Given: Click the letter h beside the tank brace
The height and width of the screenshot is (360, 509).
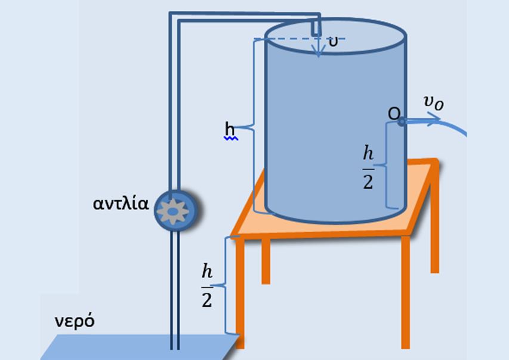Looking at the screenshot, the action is click(230, 128).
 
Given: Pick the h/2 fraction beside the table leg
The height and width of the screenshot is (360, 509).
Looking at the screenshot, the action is click(206, 286).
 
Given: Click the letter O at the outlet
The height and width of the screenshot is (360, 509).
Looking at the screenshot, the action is click(393, 113).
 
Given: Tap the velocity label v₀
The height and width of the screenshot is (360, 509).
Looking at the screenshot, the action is click(433, 103).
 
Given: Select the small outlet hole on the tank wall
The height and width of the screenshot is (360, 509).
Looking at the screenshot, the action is click(402, 121).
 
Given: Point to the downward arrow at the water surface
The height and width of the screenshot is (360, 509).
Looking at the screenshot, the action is click(319, 48).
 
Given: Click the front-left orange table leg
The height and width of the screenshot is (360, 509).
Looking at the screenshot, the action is click(240, 287).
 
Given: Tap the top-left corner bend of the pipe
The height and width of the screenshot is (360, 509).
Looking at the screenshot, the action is click(173, 17).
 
